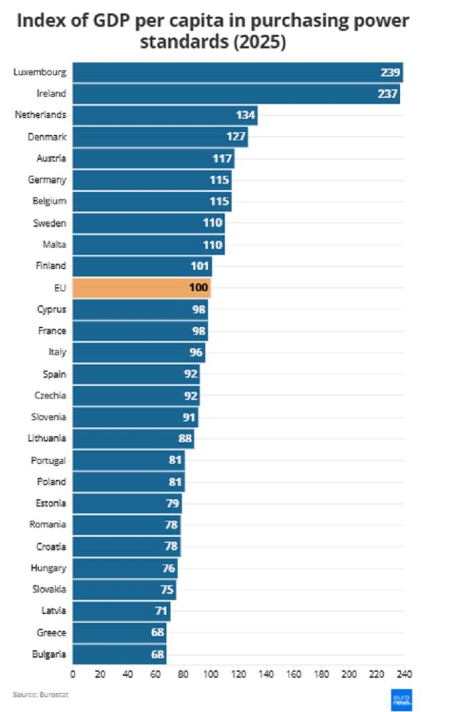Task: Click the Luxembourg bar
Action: (x=236, y=72)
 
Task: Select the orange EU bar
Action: (x=141, y=287)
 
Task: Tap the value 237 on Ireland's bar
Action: (x=388, y=94)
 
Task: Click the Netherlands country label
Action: (x=41, y=115)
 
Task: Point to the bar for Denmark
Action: (x=160, y=137)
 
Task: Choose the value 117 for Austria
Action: (x=223, y=159)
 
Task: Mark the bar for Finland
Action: (x=142, y=266)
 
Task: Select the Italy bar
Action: (x=138, y=352)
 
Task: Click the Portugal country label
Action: (x=49, y=460)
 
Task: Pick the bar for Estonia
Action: (x=127, y=503)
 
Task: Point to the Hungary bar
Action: (x=125, y=567)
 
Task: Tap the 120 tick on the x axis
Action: (x=238, y=674)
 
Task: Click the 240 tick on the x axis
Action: (x=403, y=674)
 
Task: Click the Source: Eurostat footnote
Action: (x=41, y=694)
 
